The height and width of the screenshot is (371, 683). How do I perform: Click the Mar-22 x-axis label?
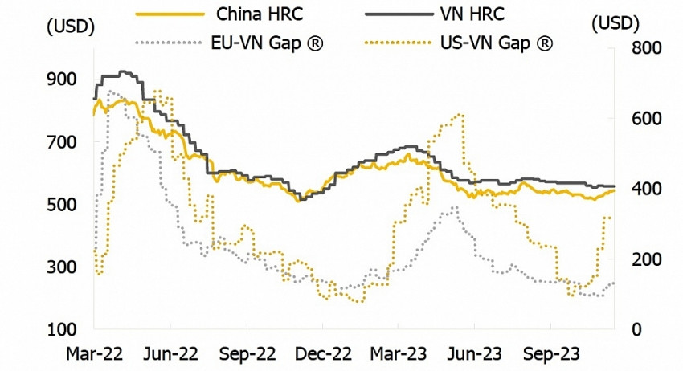(x=95, y=352)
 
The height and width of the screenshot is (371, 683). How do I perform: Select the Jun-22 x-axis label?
(x=170, y=352)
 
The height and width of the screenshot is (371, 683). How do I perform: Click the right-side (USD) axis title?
(x=616, y=24)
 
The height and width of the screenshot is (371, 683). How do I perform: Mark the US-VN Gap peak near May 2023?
(x=460, y=115)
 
